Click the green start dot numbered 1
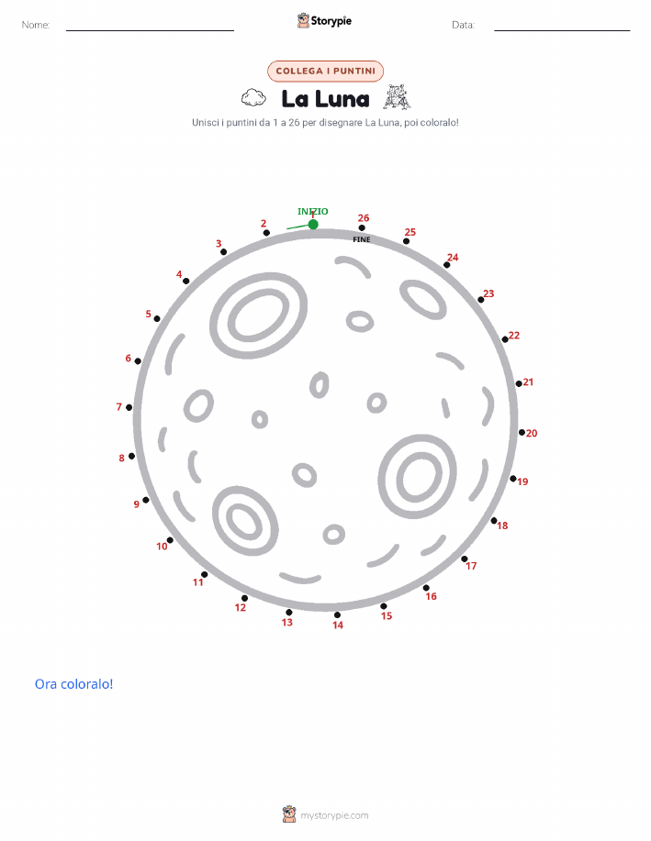(x=313, y=224)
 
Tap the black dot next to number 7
(x=129, y=407)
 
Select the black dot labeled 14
(x=337, y=615)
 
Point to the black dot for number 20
(x=522, y=432)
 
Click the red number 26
(x=364, y=217)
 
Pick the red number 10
(x=162, y=547)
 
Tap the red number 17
(x=471, y=566)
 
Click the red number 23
(x=488, y=293)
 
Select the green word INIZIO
(x=312, y=211)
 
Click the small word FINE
(x=362, y=239)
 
